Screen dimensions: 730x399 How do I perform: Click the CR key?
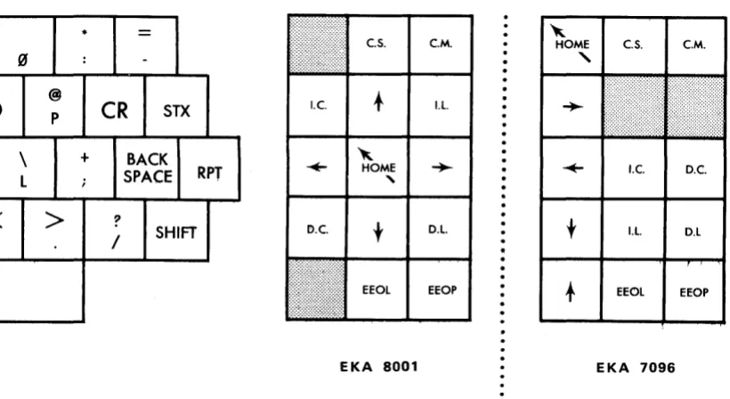coord(115,106)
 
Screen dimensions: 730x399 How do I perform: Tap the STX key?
coord(176,106)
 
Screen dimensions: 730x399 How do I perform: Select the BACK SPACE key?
coord(147,168)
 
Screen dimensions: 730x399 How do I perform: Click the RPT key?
coord(209,168)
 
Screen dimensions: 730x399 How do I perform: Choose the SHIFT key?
coord(176,230)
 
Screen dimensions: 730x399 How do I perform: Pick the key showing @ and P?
coord(54,106)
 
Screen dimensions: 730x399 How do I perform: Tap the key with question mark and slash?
coord(115,230)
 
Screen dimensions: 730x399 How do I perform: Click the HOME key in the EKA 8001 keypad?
coord(377,167)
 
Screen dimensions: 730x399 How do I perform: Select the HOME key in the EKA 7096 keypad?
coord(572,45)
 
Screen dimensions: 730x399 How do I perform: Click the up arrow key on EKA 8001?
coord(378,105)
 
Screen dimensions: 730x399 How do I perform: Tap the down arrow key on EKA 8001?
coord(378,229)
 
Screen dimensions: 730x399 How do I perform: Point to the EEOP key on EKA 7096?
coord(694,291)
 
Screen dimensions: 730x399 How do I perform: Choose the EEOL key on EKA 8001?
coord(377,289)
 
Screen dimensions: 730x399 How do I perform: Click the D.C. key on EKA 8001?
coord(317,229)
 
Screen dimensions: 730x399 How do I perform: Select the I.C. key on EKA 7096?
coord(634,168)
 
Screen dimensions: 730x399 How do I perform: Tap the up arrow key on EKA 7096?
coord(572,291)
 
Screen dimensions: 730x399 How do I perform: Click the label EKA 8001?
coord(378,367)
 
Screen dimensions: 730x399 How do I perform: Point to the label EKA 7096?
coord(636,368)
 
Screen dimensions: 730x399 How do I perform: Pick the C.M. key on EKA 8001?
coord(441,45)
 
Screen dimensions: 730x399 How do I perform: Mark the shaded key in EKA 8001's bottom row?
coord(317,289)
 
